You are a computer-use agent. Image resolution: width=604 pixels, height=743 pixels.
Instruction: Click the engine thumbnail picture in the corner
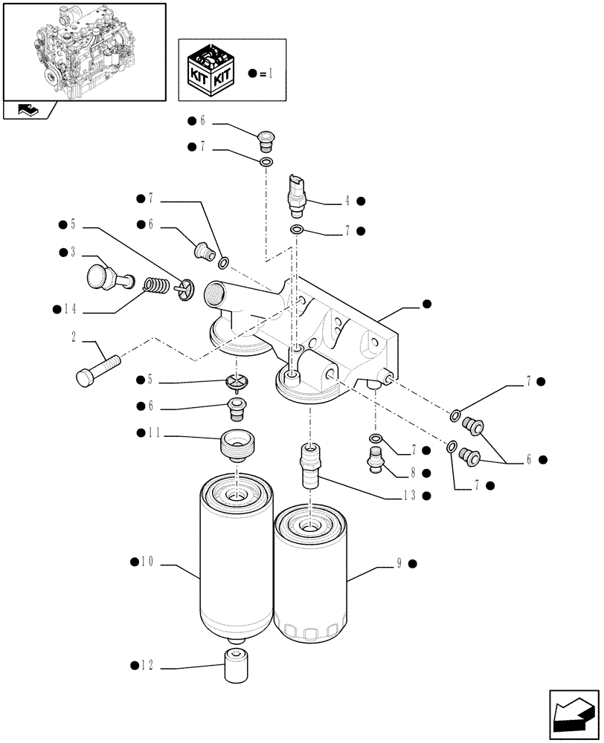tap(83, 52)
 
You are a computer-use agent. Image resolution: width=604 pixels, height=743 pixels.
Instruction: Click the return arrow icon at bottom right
tap(572, 716)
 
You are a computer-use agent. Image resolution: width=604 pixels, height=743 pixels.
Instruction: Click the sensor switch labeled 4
tap(295, 194)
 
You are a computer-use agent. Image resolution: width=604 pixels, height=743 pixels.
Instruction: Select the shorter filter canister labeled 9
tap(309, 574)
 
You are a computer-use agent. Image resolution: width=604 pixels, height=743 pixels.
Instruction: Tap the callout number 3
tap(73, 253)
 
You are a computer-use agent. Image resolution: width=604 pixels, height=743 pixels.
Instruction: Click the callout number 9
tap(399, 564)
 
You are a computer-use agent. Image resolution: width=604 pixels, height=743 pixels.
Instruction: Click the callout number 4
tap(347, 201)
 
